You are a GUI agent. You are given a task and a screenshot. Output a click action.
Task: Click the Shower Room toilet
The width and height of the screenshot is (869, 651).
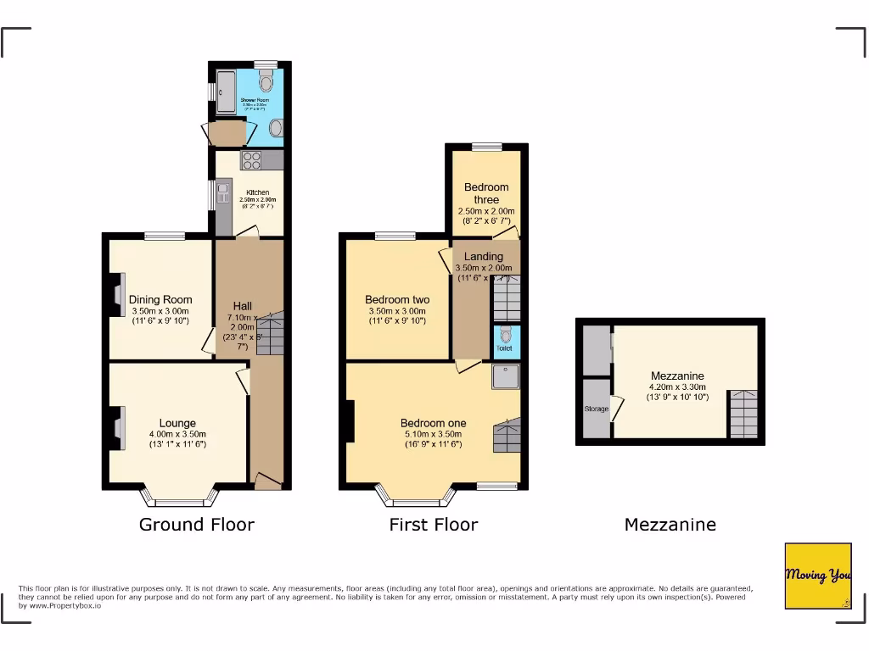click(265, 82)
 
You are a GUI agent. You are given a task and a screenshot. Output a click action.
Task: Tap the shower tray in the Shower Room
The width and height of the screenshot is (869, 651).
click(227, 92)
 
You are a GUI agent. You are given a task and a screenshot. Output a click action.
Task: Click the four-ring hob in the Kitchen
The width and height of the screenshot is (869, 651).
click(252, 159)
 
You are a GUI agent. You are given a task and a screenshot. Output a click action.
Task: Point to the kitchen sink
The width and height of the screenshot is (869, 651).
click(224, 196)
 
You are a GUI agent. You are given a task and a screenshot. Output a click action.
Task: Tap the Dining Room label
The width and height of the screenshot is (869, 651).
click(160, 299)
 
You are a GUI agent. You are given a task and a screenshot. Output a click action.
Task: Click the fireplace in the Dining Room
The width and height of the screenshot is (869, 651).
click(120, 298)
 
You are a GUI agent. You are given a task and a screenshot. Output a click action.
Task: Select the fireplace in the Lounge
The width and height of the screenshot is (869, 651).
click(120, 421)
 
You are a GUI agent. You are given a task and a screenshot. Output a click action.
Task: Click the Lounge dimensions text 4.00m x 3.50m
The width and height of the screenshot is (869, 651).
click(177, 434)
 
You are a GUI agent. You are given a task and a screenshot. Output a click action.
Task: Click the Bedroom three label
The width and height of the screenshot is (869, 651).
click(486, 193)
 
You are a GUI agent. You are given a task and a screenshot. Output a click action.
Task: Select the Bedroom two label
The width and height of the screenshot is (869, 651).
click(397, 299)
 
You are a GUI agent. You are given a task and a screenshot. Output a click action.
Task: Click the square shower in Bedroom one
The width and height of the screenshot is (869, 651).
click(506, 377)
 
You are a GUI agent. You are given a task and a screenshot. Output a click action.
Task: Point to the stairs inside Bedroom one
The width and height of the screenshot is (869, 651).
click(506, 435)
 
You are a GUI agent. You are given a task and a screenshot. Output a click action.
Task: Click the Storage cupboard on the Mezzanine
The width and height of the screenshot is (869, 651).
click(596, 409)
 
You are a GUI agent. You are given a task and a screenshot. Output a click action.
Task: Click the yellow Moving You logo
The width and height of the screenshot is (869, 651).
click(817, 576)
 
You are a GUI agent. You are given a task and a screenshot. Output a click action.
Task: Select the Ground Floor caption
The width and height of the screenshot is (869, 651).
click(196, 525)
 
